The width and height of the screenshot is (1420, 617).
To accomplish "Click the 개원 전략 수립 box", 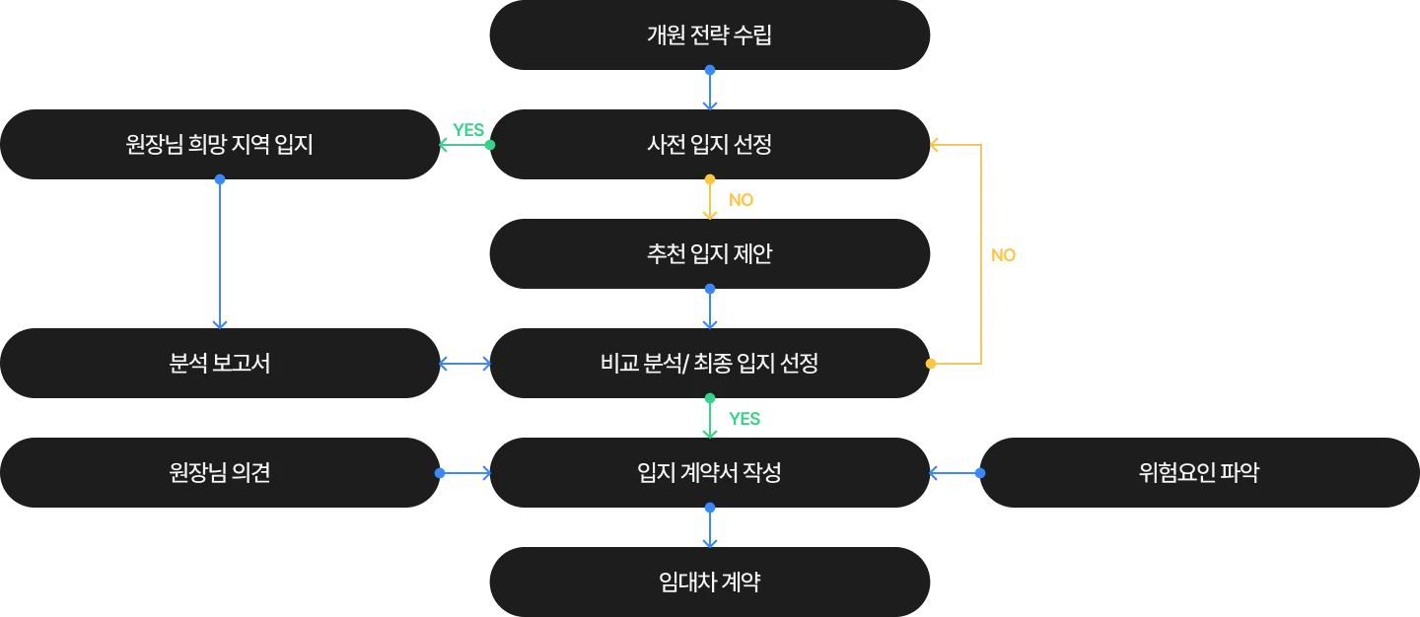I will coord(709,36).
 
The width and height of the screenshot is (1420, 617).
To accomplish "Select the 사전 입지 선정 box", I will coord(709,145).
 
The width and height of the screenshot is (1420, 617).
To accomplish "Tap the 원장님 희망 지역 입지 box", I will coord(219,145).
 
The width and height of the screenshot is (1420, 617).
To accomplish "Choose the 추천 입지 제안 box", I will coord(709,254).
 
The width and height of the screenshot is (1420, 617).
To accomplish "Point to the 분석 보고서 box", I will coord(219,364).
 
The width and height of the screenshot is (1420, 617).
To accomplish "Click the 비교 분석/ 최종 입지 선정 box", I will coord(709,364).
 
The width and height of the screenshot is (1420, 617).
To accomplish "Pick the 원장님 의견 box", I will coord(219,473).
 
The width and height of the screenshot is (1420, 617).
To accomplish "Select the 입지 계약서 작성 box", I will coord(709,473).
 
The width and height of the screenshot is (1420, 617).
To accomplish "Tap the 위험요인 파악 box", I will coord(1197,473).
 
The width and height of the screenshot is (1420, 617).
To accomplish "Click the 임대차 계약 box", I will coord(709,582).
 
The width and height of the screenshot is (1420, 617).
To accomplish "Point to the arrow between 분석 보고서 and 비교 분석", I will coord(464,365).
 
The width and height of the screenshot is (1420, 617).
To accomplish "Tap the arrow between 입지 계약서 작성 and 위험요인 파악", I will coord(956,473).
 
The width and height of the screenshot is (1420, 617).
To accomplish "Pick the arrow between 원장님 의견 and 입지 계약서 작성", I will coord(464,473).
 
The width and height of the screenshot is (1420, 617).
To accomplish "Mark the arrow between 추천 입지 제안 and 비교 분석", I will coord(710,307).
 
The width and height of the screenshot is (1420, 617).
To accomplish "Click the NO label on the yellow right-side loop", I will coord(1002,256).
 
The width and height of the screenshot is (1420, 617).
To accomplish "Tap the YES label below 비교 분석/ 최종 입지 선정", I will coord(745,418).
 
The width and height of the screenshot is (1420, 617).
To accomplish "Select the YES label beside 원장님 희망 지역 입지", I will coord(468,128).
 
